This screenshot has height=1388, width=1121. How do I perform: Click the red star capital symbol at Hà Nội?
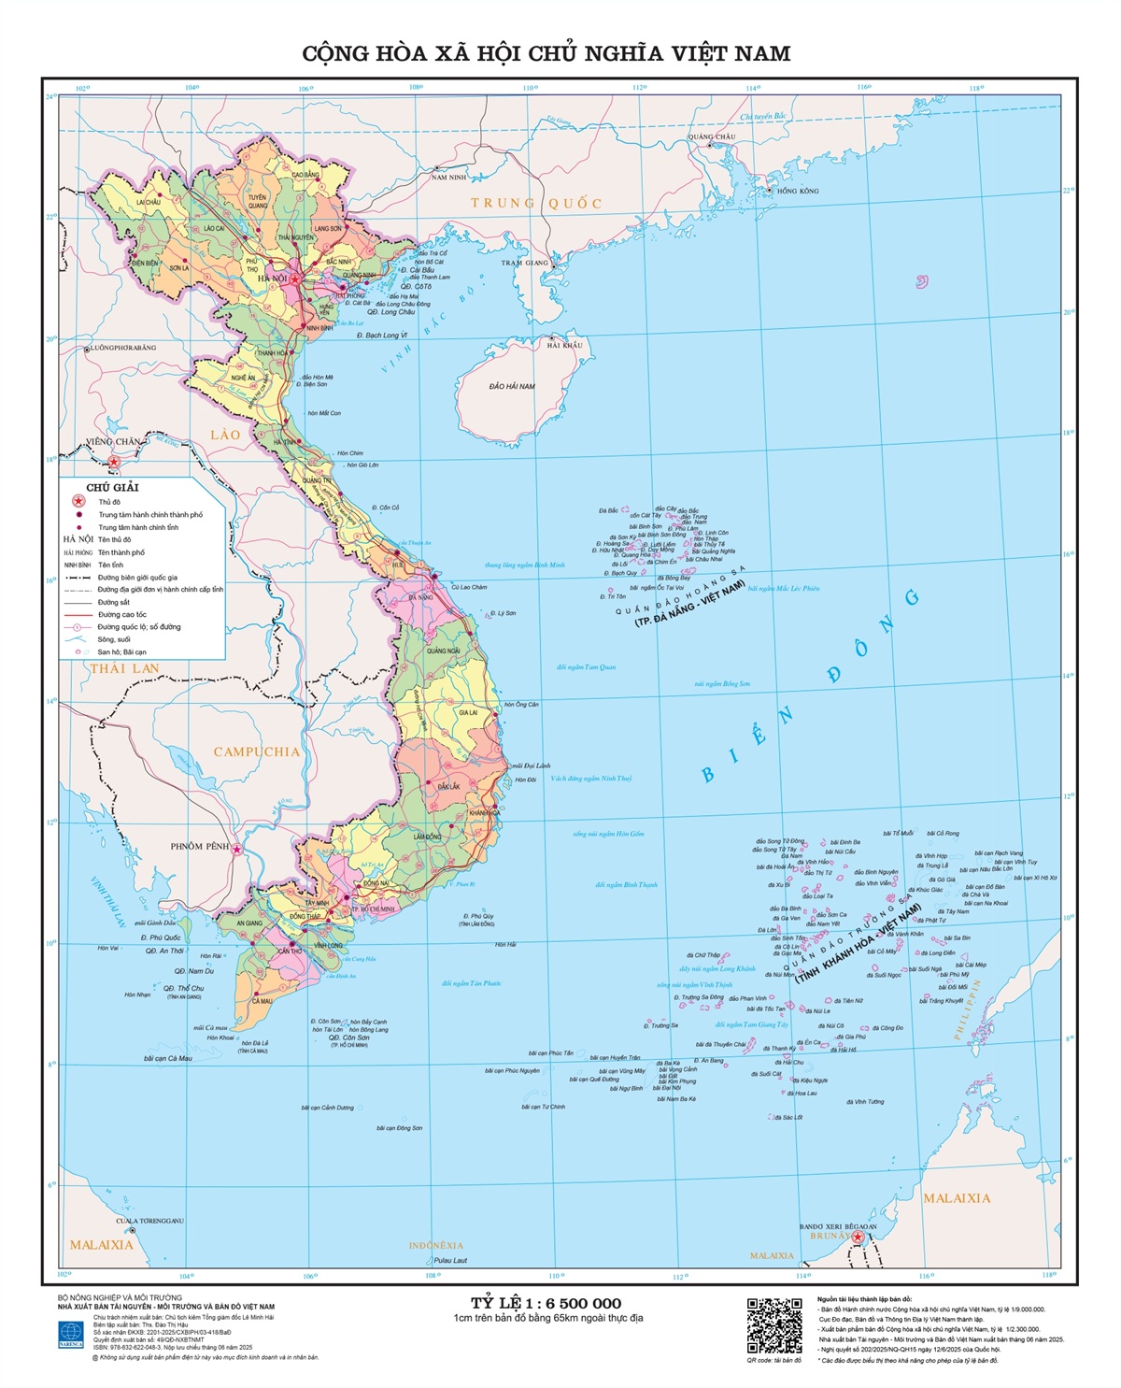pyautogui.click(x=295, y=279)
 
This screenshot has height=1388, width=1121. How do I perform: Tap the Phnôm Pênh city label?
pyautogui.click(x=199, y=846)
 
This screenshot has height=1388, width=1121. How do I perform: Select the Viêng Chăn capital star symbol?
pyautogui.click(x=115, y=462)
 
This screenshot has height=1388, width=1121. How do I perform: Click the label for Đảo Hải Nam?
pyautogui.click(x=512, y=386)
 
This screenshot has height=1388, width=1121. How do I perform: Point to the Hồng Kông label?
pyautogui.click(x=798, y=191)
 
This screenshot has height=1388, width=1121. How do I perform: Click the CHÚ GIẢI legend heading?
pyautogui.click(x=112, y=487)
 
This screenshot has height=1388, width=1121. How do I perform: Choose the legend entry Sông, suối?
pyautogui.click(x=114, y=639)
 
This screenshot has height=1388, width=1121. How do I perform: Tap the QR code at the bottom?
pyautogui.click(x=774, y=1325)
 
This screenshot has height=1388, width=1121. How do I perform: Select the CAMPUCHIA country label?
pyautogui.click(x=256, y=751)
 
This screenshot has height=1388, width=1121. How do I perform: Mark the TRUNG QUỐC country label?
pyautogui.click(x=536, y=203)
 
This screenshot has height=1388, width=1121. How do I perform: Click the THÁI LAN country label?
pyautogui.click(x=124, y=668)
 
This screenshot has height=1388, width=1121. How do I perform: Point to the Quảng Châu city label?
pyautogui.click(x=712, y=136)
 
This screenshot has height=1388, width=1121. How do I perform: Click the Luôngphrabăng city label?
pyautogui.click(x=123, y=348)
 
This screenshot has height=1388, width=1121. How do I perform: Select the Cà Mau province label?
pyautogui.click(x=263, y=1001)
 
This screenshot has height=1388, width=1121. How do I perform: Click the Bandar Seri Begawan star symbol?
pyautogui.click(x=858, y=1237)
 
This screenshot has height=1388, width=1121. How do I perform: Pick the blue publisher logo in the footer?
pyautogui.click(x=71, y=1332)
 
